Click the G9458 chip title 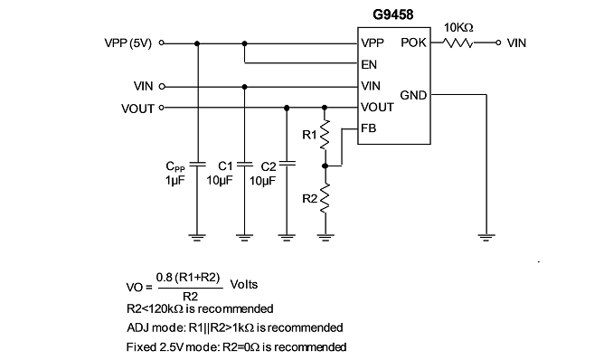(393, 14)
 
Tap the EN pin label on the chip (369, 64)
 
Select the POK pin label (413, 43)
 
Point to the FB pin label (368, 128)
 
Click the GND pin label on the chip (413, 95)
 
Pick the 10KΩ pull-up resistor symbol (457, 43)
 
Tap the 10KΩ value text (458, 28)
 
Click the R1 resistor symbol (325, 135)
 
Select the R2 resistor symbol (325, 199)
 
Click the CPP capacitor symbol (197, 164)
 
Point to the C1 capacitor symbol (244, 164)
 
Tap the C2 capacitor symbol (287, 164)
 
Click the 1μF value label (174, 180)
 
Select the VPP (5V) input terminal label (127, 43)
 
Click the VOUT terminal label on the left (137, 109)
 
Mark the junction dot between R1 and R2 (325, 166)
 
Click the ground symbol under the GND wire (486, 237)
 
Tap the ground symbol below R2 (325, 237)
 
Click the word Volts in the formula (244, 284)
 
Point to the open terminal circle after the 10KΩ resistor (498, 43)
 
